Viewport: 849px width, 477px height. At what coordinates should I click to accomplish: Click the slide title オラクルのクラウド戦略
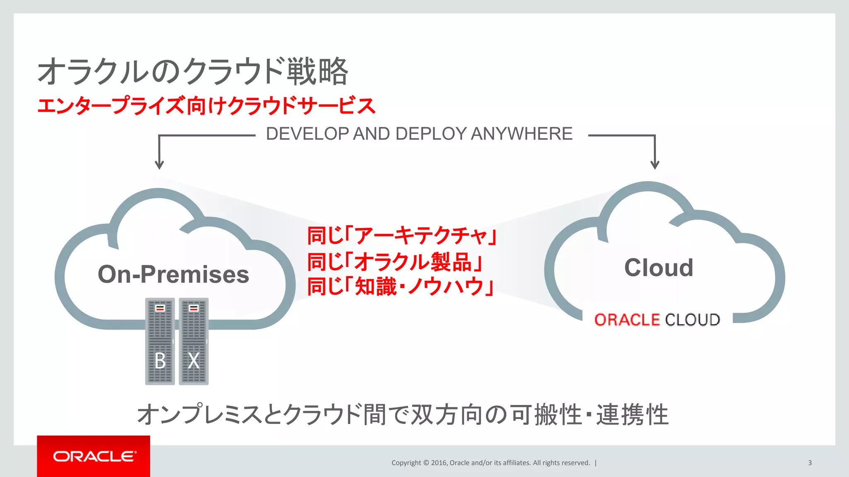click(x=193, y=71)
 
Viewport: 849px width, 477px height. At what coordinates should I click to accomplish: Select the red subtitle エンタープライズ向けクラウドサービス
click(x=206, y=106)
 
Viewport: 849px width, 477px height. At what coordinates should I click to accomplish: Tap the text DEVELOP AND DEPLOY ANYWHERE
click(x=419, y=134)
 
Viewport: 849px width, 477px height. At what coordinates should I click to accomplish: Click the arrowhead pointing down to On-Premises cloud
click(x=159, y=165)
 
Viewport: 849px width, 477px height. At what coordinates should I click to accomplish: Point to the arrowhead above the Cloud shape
click(x=655, y=165)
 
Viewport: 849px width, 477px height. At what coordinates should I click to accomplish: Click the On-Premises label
click(x=173, y=275)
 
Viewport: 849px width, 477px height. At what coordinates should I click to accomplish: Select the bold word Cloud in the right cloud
click(x=659, y=268)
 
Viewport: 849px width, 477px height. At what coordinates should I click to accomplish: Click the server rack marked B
click(x=160, y=342)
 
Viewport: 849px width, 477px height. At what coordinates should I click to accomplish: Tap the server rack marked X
click(x=194, y=342)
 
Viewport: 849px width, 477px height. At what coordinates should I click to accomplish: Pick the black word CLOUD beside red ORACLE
click(x=692, y=320)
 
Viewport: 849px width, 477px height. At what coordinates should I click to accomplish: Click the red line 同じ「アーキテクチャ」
click(x=402, y=236)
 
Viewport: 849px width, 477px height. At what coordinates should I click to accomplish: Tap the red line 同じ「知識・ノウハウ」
click(x=400, y=287)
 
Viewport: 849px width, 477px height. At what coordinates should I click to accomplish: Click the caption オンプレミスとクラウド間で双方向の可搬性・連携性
click(x=403, y=414)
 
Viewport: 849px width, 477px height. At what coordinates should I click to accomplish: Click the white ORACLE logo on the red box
click(x=94, y=456)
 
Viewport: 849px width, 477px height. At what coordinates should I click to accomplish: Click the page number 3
click(x=810, y=463)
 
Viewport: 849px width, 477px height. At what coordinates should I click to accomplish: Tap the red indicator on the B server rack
click(x=160, y=308)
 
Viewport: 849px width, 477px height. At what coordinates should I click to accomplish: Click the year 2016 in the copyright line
click(x=439, y=463)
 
